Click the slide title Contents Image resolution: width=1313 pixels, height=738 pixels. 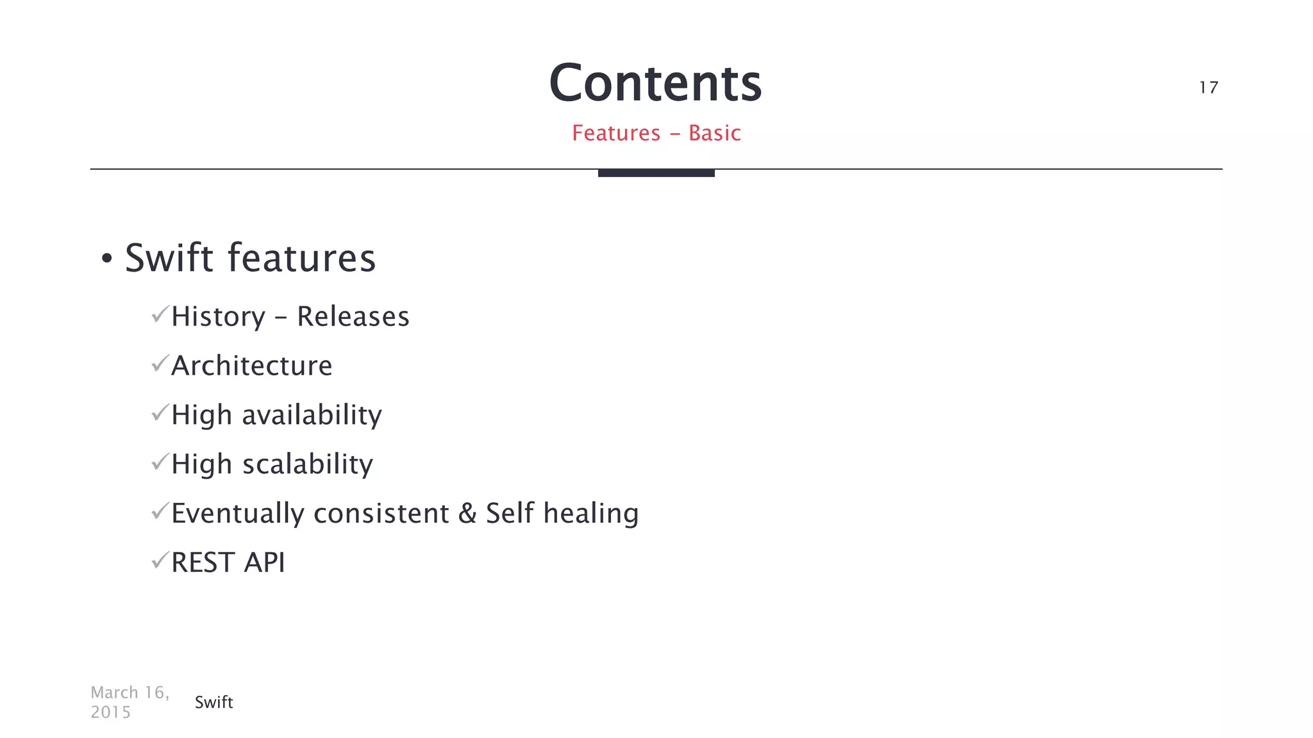click(x=655, y=83)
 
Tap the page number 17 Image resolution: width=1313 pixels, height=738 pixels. click(x=1208, y=87)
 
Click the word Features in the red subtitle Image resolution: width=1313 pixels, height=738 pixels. click(x=616, y=133)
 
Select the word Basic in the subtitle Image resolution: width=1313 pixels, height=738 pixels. click(x=715, y=133)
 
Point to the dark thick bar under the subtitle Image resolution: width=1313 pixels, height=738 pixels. click(x=656, y=173)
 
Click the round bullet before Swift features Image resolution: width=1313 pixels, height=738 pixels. click(x=107, y=259)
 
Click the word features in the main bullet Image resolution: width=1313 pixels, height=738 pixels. click(x=301, y=258)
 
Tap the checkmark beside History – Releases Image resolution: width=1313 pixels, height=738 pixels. click(x=160, y=315)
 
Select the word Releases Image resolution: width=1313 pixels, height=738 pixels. click(x=353, y=316)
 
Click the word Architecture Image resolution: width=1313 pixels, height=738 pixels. click(x=252, y=366)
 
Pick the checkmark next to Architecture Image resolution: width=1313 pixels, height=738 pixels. click(x=160, y=364)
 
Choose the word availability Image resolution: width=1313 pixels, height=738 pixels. click(x=312, y=415)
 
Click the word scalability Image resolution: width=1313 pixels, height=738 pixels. click(x=308, y=464)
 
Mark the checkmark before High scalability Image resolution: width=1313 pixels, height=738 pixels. click(x=160, y=463)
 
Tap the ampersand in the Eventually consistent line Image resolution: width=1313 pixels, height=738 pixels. click(x=467, y=514)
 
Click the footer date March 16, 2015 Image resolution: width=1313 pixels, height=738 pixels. click(x=130, y=702)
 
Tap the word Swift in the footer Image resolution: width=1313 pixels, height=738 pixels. click(x=213, y=702)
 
